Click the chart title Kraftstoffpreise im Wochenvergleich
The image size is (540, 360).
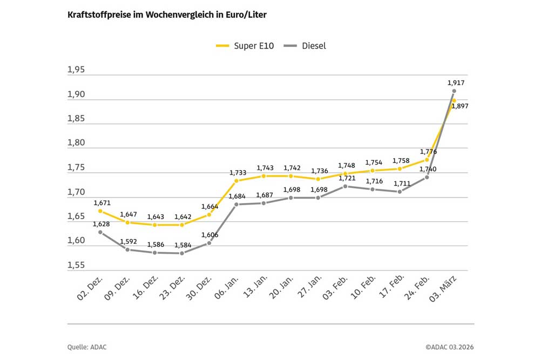(x=166, y=15)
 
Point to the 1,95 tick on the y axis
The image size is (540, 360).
(x=76, y=70)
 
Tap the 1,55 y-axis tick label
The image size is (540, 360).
(x=76, y=266)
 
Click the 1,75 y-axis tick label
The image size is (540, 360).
(x=76, y=168)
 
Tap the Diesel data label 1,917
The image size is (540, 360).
(x=456, y=83)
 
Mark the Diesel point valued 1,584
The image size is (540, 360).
(x=181, y=253)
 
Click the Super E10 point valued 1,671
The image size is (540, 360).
(x=100, y=211)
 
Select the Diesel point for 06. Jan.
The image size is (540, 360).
(x=236, y=205)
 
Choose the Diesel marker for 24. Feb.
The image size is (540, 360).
(x=427, y=177)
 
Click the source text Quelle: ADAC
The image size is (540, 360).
(x=87, y=347)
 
